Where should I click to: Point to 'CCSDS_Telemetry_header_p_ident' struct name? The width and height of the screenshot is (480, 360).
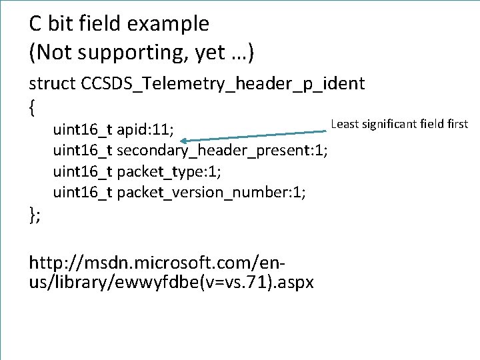tap(223, 84)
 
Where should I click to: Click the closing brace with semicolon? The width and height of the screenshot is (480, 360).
tap(35, 213)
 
